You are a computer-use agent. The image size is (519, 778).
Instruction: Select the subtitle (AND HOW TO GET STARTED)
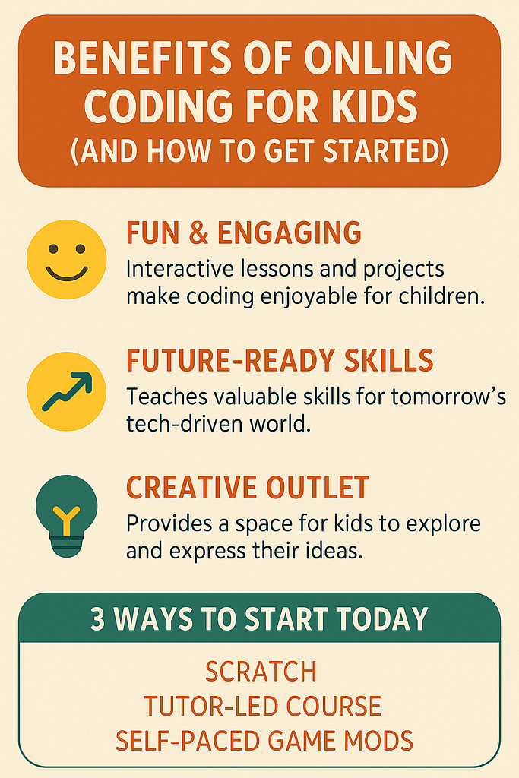coord(259,151)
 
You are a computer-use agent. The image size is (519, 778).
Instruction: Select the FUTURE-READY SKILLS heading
coord(280,360)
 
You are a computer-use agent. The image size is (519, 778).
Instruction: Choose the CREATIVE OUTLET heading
coord(248,487)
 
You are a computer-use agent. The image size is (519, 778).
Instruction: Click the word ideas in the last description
coord(335,551)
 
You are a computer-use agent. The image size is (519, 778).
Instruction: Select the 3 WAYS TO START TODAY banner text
coord(259,619)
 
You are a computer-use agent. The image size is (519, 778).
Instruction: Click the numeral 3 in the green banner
coord(98,619)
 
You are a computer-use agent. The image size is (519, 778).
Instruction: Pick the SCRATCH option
coord(261,672)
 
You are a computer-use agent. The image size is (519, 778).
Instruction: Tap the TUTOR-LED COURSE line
coord(262,706)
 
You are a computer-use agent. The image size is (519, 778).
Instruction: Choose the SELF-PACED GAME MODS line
coord(264,739)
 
